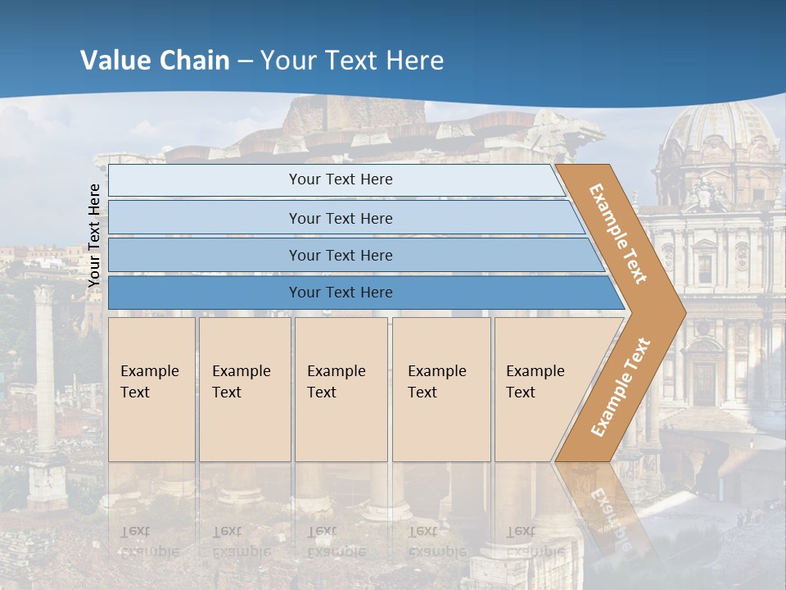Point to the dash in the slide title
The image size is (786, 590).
pos(245,61)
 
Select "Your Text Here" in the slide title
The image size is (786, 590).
pos(352,61)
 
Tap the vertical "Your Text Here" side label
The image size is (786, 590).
pos(94,235)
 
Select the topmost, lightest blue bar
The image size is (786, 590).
pos(340,179)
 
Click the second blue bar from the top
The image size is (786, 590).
pos(340,218)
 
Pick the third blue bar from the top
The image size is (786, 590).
pos(340,255)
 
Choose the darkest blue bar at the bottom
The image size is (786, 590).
pos(340,293)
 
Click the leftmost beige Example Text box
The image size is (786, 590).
pos(151,389)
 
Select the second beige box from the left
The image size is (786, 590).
pos(245,389)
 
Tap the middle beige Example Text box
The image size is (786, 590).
pos(341,389)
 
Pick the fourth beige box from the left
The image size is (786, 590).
pos(441,389)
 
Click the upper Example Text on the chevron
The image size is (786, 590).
pos(618,234)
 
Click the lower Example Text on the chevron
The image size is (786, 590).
pos(621,387)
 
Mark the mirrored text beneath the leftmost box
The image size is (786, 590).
pos(150,542)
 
